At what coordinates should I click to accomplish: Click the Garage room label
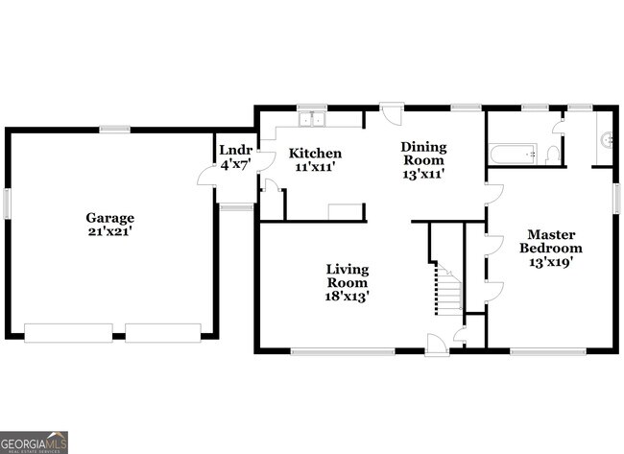[x=109, y=218]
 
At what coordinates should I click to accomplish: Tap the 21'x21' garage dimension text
[x=109, y=231]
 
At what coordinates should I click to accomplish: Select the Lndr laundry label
[x=235, y=151]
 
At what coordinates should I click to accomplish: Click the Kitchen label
[x=315, y=153]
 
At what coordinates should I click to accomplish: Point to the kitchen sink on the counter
[x=311, y=120]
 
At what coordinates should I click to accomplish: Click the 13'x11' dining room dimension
[x=423, y=175]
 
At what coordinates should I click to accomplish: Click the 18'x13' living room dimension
[x=347, y=297]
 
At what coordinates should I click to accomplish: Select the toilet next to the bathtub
[x=553, y=154]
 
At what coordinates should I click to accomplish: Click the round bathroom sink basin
[x=607, y=139]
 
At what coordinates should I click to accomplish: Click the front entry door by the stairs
[x=436, y=343]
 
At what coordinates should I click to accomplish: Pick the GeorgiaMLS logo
[x=35, y=442]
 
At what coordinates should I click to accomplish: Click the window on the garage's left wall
[x=7, y=203]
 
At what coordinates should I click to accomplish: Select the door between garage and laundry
[x=205, y=174]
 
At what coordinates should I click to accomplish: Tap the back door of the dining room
[x=392, y=113]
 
